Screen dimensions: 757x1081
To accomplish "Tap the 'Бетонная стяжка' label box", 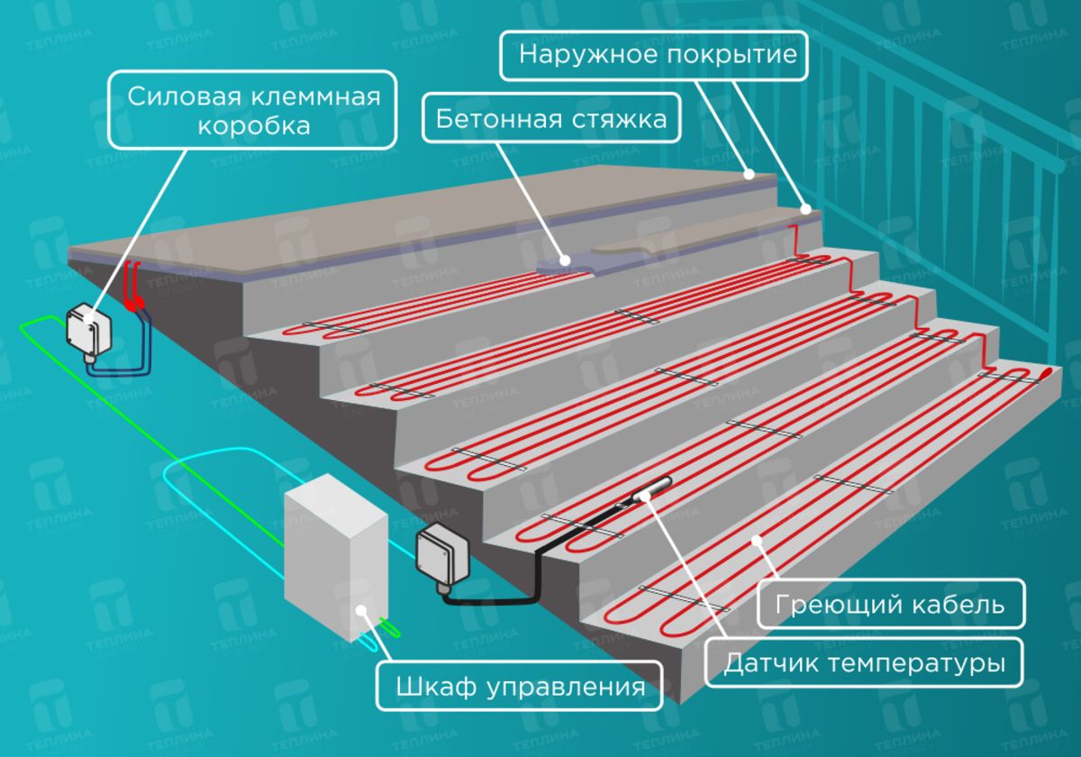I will [x=552, y=119].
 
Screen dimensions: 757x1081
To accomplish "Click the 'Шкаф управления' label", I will [x=520, y=687].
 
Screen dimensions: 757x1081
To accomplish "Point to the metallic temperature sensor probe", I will [x=655, y=489].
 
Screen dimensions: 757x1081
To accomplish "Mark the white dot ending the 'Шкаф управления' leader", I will [x=361, y=611].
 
